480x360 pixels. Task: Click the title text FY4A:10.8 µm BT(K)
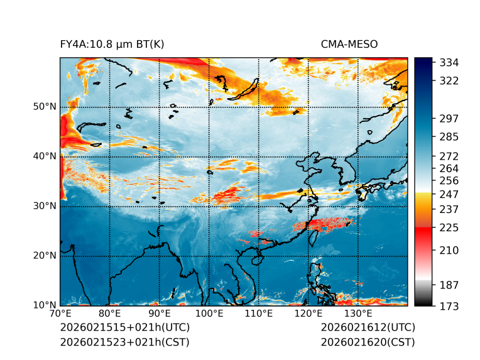click(x=112, y=44)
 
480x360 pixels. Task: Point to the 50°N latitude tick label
click(x=45, y=107)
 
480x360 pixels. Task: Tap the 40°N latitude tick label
click(x=45, y=156)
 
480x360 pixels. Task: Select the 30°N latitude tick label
click(x=45, y=206)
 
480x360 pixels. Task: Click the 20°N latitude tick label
click(x=45, y=256)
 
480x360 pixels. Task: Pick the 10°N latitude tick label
click(x=45, y=305)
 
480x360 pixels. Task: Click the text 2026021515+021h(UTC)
click(x=124, y=328)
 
